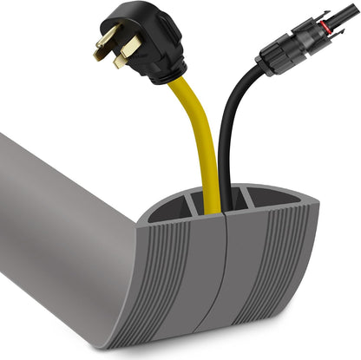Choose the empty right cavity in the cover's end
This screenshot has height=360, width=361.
coord(265,211)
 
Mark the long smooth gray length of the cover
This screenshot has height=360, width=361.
coord(61,217)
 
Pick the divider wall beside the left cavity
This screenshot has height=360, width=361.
coord(190,208)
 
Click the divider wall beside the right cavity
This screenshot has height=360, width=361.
coord(246,206)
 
